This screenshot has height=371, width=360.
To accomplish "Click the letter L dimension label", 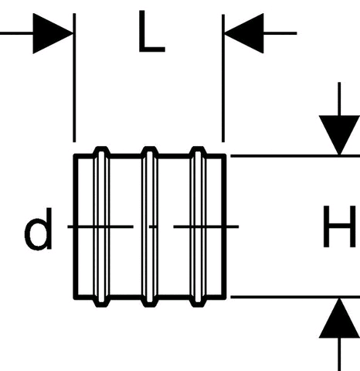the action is pyautogui.click(x=151, y=32).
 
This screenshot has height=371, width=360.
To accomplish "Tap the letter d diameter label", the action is pyautogui.click(x=39, y=229).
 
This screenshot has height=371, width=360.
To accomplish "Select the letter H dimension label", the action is pyautogui.click(x=340, y=226).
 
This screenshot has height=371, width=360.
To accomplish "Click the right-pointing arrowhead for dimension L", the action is pyautogui.click(x=53, y=33).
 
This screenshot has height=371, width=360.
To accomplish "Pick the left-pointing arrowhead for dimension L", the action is pyautogui.click(x=244, y=33).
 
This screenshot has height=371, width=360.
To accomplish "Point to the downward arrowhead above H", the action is pyautogui.click(x=339, y=135).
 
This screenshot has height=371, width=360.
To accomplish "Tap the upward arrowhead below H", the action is pyautogui.click(x=339, y=318).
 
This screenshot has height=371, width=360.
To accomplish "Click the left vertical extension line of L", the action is pyautogui.click(x=74, y=77).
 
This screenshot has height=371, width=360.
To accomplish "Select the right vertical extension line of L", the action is pyautogui.click(x=223, y=78).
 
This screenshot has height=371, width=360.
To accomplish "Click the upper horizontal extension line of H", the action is pyautogui.click(x=295, y=156).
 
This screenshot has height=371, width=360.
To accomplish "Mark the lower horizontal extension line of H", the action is pyautogui.click(x=295, y=297).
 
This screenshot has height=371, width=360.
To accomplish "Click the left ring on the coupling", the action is pyautogui.click(x=101, y=226).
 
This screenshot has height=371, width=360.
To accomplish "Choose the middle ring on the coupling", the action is pyautogui.click(x=149, y=226).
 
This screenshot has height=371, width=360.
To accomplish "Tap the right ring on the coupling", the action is pyautogui.click(x=198, y=226).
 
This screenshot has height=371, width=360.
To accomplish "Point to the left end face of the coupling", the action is pyautogui.click(x=76, y=226).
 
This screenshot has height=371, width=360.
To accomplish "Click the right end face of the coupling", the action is pyautogui.click(x=224, y=226).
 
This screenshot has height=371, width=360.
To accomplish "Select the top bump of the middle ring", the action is pyautogui.click(x=150, y=150).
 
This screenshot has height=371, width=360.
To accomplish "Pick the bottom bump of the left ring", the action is pyautogui.click(x=101, y=303).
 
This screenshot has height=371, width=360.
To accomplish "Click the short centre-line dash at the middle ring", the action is pyautogui.click(x=153, y=226).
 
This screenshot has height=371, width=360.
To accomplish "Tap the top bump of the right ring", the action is pyautogui.click(x=198, y=150).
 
